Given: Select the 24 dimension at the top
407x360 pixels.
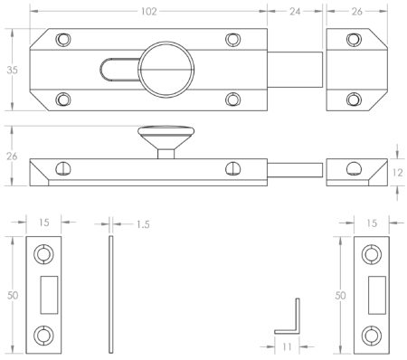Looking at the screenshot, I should click(294, 13).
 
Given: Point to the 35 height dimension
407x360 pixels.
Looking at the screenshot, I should click(10, 69).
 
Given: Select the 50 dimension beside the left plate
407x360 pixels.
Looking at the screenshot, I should click(10, 295).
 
